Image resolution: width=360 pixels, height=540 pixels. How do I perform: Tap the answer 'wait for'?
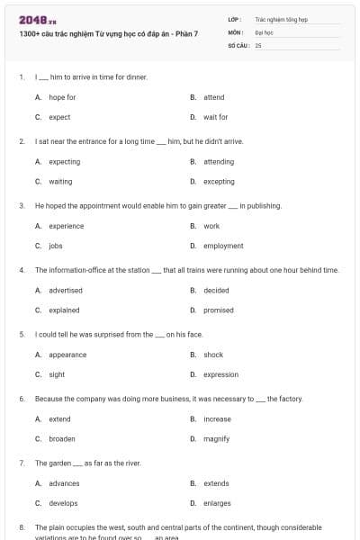(x=215, y=117)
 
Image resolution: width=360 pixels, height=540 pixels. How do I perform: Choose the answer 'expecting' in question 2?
(x=64, y=162)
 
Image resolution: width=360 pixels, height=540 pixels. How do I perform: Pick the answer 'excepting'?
(x=219, y=182)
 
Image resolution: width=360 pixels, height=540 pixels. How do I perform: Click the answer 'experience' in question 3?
(x=66, y=226)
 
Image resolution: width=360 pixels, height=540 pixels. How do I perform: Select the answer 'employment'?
(x=223, y=246)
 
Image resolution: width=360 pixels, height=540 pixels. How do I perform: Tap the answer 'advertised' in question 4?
(x=66, y=291)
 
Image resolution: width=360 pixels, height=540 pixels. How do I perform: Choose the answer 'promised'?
(x=219, y=310)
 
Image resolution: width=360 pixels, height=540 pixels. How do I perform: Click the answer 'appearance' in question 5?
(x=67, y=355)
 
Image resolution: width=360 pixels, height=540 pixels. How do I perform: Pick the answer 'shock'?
(x=213, y=355)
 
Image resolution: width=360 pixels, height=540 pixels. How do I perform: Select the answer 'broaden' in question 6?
(x=62, y=438)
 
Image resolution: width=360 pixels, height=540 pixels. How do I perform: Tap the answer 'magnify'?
(x=217, y=438)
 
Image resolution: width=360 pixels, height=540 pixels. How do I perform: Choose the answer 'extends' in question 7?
(x=216, y=483)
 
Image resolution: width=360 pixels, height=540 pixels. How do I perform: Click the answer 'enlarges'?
(x=217, y=503)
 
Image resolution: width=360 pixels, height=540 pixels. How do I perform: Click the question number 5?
(x=21, y=335)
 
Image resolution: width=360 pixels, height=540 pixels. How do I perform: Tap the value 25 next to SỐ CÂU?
(x=258, y=44)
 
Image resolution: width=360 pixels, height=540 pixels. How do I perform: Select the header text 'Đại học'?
(x=264, y=31)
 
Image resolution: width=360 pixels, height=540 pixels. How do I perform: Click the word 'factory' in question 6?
(x=292, y=399)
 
